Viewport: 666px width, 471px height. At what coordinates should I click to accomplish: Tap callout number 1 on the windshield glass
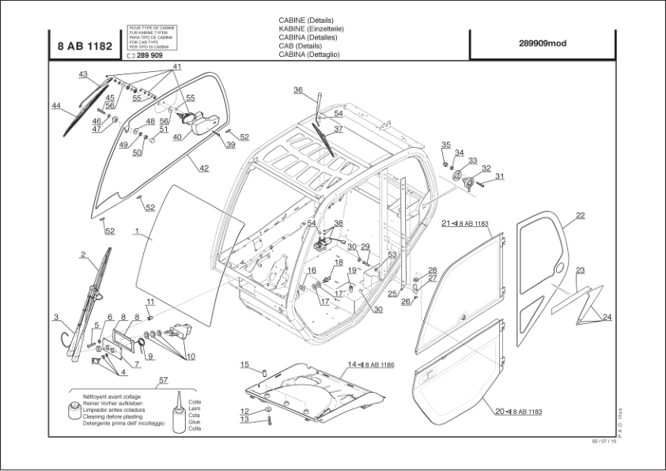pos(137,232)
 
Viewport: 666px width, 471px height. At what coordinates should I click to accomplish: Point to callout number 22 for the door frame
pos(581,215)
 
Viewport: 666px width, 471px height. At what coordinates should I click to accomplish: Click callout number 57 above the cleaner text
pos(163,381)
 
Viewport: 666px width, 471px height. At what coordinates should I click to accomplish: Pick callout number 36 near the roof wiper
pos(298,90)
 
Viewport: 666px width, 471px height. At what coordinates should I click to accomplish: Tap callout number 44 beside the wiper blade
pos(56,106)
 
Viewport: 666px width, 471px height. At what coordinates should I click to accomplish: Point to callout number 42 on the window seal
pos(203,168)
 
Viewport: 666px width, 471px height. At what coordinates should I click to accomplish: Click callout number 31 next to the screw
pos(499,176)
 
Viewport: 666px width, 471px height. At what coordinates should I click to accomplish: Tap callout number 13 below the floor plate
pos(244,420)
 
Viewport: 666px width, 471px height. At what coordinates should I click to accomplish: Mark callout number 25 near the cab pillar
pos(392,293)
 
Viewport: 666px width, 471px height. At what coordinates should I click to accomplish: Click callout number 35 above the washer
pos(445,145)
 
